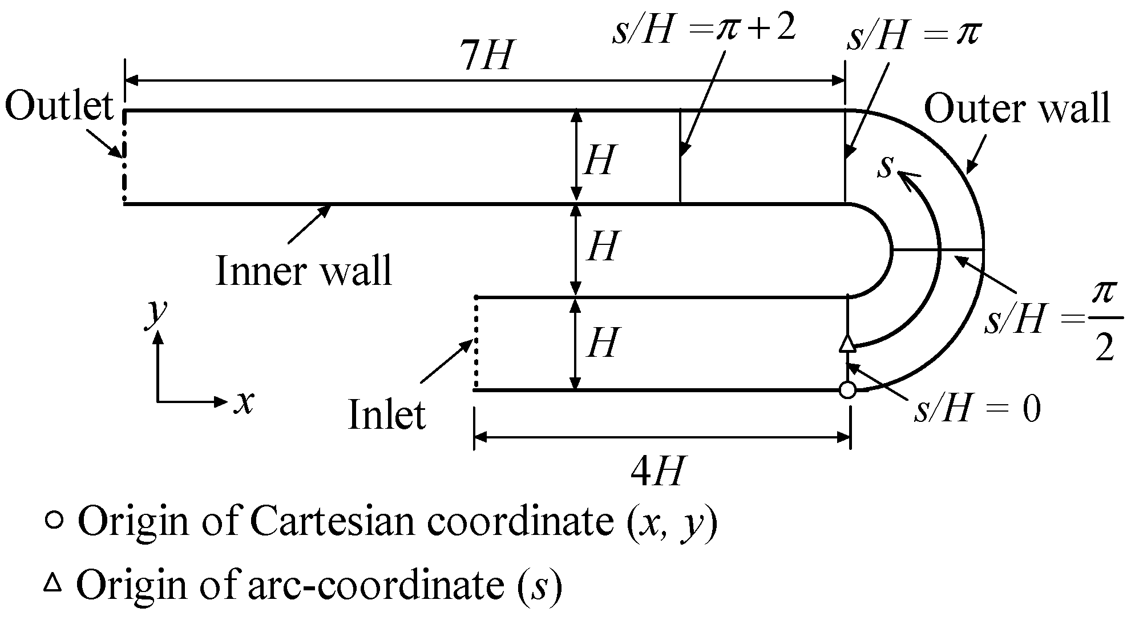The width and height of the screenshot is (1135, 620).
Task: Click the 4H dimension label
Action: coord(656,472)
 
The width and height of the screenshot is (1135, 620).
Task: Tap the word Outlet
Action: coord(59,107)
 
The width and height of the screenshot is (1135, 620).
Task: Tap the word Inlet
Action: coord(386,415)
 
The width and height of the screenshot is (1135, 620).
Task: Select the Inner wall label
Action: coord(304,271)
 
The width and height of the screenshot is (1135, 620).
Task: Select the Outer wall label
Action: coord(1016,108)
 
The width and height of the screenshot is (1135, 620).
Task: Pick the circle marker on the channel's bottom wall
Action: coord(847,390)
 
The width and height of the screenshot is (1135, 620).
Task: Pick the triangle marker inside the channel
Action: coord(847,344)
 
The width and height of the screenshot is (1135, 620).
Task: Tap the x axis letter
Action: coord(243,402)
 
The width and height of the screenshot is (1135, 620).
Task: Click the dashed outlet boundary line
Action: coord(123,157)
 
